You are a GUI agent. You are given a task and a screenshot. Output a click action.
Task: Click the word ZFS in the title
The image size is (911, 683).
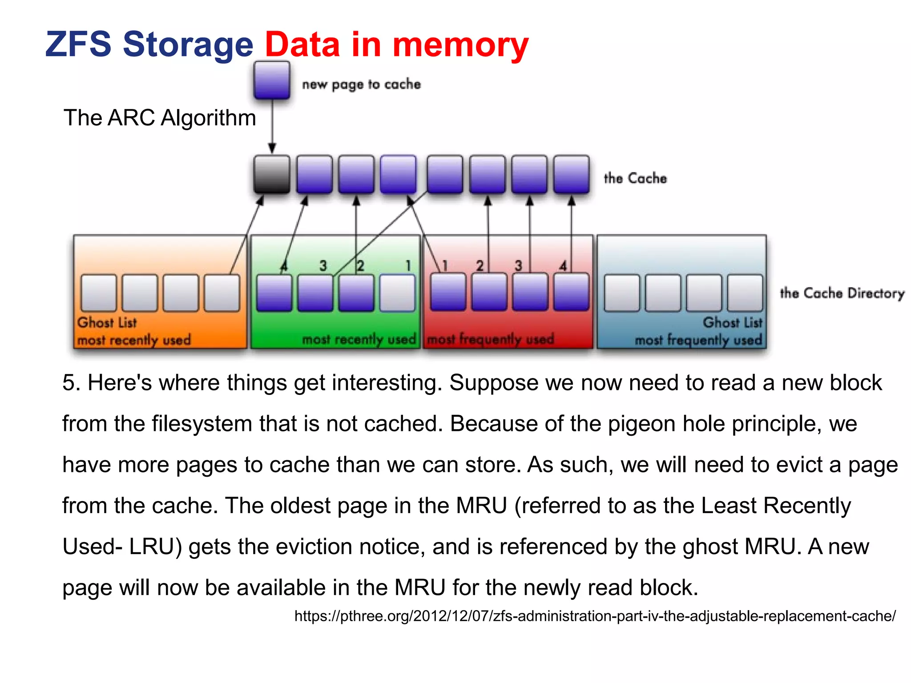tap(78, 44)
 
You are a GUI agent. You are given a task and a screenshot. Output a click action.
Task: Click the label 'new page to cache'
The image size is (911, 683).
tap(361, 84)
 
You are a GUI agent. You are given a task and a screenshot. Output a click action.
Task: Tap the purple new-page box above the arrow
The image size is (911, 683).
tap(272, 80)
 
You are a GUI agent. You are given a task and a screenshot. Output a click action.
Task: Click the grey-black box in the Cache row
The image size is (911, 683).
tap(272, 174)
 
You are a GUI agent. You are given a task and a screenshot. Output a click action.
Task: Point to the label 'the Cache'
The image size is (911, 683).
tap(635, 178)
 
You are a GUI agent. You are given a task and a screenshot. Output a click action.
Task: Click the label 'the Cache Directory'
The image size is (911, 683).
tap(842, 293)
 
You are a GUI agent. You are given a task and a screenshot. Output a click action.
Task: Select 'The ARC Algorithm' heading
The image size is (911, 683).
tap(160, 118)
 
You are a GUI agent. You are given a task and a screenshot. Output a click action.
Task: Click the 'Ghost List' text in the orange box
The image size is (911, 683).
tap(107, 322)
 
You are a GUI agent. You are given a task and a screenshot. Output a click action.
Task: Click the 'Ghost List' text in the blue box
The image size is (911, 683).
tap(732, 322)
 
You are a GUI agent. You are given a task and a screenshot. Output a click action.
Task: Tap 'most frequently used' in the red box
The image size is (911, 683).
tap(490, 339)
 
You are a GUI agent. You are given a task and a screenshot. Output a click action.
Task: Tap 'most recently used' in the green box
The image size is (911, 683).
tap(359, 339)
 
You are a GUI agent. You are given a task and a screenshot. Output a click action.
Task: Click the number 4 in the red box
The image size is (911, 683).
tap(563, 266)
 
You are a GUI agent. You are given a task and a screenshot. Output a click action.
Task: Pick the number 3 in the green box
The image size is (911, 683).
tap(323, 266)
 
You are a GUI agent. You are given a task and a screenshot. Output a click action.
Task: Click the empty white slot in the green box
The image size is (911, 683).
tap(397, 293)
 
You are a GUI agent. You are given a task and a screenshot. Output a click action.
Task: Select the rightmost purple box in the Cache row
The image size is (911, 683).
tap(572, 174)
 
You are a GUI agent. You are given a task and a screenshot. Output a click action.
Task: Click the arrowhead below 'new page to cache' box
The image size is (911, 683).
tap(272, 148)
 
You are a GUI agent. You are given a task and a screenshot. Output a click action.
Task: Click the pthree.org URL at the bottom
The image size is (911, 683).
tap(595, 616)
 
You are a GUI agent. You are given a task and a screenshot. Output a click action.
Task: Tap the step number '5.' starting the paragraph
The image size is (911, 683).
tap(71, 383)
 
